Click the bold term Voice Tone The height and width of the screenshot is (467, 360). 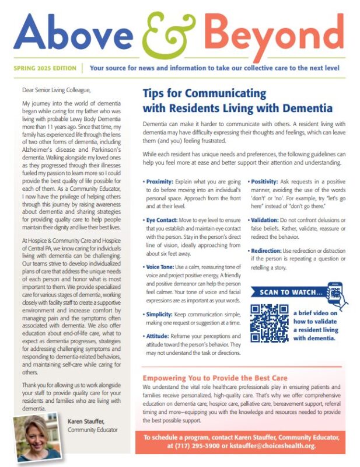[162, 267]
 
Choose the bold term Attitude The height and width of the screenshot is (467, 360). [160, 337]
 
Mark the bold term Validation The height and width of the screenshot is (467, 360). [271, 221]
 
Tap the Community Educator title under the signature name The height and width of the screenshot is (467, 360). [93, 431]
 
